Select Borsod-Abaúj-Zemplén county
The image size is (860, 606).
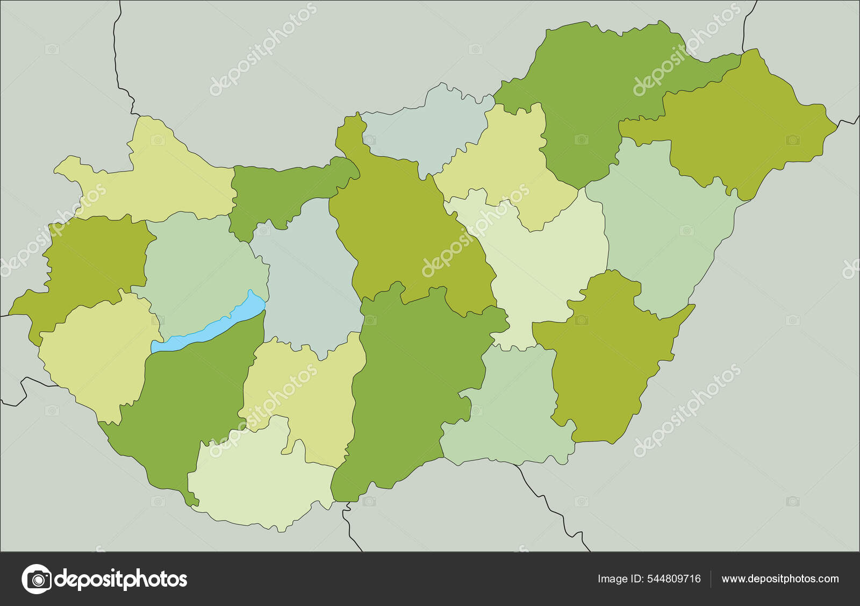coord(591,91)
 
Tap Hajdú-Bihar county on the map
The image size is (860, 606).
coord(661,226)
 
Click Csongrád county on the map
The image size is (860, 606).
coord(511,409)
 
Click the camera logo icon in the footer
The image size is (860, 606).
coord(37,579)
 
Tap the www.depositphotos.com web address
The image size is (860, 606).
coord(780,579)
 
